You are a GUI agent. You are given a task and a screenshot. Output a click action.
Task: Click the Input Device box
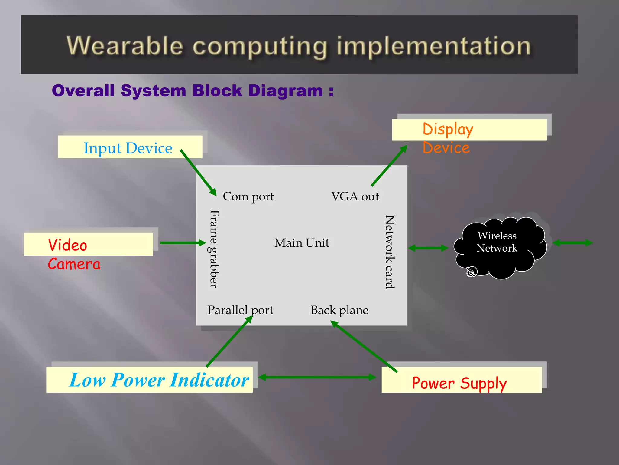pyautogui.click(x=130, y=147)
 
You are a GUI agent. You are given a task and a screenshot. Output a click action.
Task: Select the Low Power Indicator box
pyautogui.click(x=149, y=380)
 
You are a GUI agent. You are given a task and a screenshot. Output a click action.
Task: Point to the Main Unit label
pyautogui.click(x=301, y=243)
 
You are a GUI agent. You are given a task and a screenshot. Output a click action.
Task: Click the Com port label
pyautogui.click(x=248, y=196)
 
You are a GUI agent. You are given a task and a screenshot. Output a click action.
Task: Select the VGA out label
pyautogui.click(x=355, y=196)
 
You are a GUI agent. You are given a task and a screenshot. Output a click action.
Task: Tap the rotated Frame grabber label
pyautogui.click(x=214, y=249)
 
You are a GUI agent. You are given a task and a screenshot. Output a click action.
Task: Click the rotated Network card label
pyautogui.click(x=390, y=252)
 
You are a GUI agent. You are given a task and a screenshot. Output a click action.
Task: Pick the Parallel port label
pyautogui.click(x=240, y=310)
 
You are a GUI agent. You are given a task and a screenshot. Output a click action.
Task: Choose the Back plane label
pyautogui.click(x=339, y=310)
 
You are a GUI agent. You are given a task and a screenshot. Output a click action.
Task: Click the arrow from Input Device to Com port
pyautogui.click(x=198, y=173)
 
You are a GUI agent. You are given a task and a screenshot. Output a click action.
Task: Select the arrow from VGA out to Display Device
pyautogui.click(x=389, y=166)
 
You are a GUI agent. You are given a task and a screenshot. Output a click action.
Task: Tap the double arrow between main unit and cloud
pyautogui.click(x=428, y=248)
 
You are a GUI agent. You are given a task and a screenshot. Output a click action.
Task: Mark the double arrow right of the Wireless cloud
pyautogui.click(x=572, y=243)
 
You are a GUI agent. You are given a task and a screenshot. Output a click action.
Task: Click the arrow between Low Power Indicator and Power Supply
pyautogui.click(x=317, y=377)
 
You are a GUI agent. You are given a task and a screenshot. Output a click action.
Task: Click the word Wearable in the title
pyautogui.click(x=125, y=46)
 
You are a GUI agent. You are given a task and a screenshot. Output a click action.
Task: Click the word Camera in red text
pyautogui.click(x=74, y=264)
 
